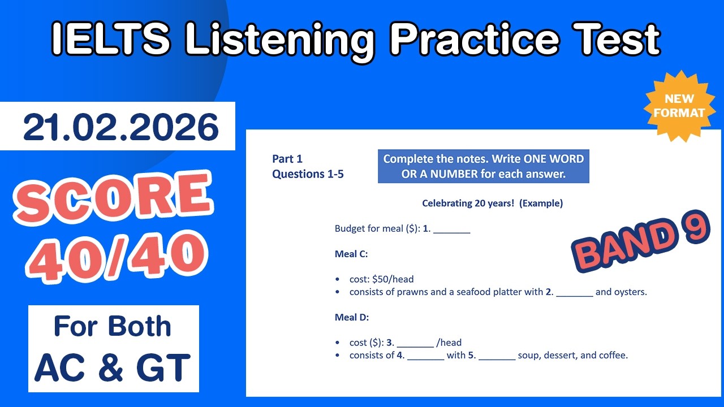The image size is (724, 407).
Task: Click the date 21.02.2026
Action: point(120,127)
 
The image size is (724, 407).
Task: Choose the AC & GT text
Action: point(113,367)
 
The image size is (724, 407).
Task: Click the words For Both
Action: point(113,327)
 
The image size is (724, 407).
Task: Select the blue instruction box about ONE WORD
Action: point(483,167)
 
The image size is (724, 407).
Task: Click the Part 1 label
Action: point(287,159)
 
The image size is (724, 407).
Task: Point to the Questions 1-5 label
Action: point(308,174)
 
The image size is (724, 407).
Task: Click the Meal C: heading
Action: point(351,254)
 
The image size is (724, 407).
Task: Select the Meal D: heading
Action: point(351,318)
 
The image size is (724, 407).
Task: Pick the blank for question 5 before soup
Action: point(497,356)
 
